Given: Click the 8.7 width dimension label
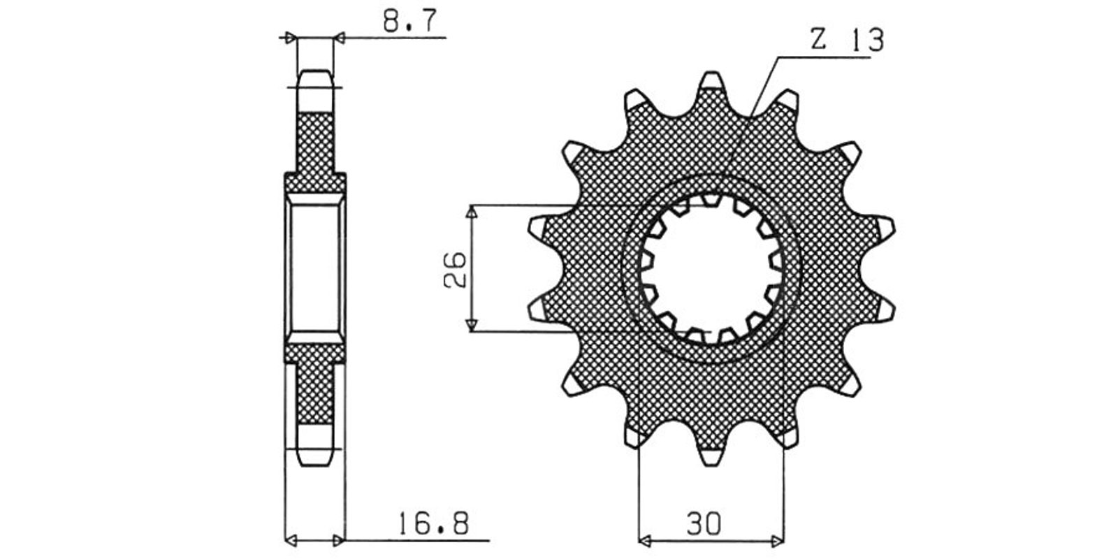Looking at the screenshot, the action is tap(409, 21).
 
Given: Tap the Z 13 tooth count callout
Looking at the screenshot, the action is tap(847, 40).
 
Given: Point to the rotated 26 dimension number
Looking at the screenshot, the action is tap(455, 270).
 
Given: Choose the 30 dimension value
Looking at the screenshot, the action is tap(704, 523).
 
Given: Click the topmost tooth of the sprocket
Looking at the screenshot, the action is tap(711, 82).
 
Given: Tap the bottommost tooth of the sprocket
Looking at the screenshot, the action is tap(711, 455).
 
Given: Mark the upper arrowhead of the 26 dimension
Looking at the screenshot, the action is tap(472, 212).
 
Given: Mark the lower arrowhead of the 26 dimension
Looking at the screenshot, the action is tap(472, 325).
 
